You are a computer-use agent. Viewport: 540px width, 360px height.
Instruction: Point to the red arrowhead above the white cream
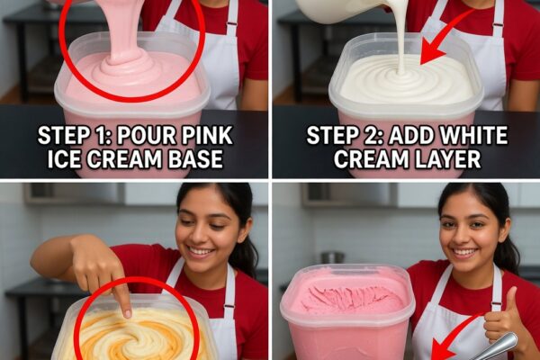[431, 54]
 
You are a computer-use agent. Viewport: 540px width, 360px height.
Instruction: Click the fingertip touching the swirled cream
[127, 313]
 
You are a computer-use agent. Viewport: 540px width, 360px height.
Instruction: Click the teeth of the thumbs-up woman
[464, 252]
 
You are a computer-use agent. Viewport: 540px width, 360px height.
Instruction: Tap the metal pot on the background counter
[333, 257]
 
